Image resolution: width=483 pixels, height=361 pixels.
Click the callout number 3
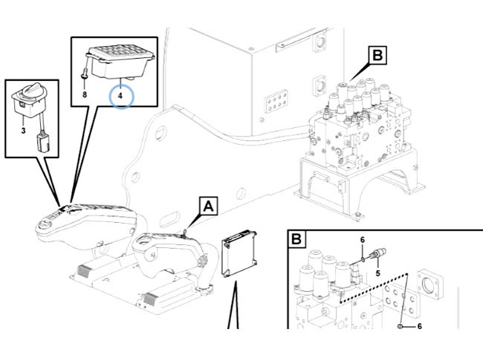[x=24, y=131]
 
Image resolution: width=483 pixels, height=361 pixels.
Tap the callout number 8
[x=85, y=94]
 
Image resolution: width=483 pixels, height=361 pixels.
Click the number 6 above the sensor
[x=362, y=240]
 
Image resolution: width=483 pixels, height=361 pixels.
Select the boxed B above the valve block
[x=377, y=54]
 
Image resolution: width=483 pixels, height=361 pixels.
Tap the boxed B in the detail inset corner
[x=297, y=240]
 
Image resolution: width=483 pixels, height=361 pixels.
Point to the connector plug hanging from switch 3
[x=44, y=141]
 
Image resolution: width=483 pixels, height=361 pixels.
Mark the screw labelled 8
[x=85, y=76]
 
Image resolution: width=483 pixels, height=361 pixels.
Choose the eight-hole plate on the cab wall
[x=278, y=101]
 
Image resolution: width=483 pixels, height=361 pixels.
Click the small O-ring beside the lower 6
[x=401, y=325]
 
